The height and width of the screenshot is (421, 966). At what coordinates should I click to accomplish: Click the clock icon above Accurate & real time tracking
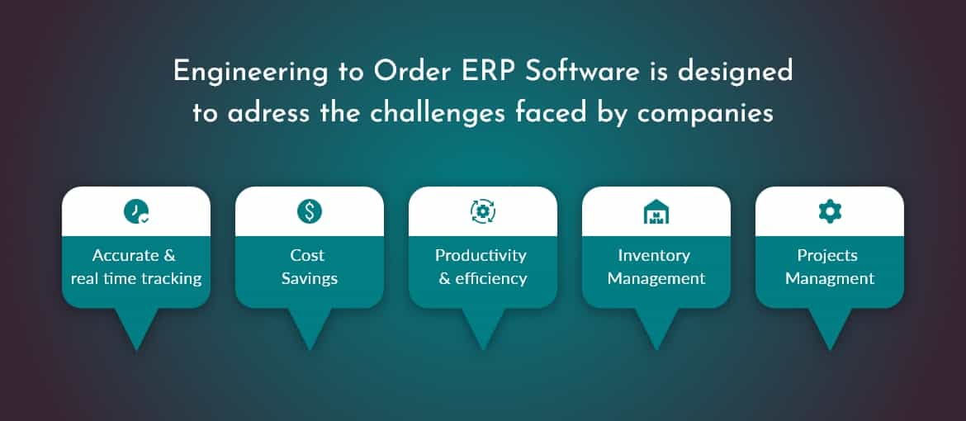[136, 212]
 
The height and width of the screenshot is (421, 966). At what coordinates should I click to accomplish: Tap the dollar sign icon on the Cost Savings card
[310, 212]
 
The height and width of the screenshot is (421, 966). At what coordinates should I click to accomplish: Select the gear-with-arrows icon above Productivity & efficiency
[483, 212]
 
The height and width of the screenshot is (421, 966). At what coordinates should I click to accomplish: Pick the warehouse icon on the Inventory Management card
[656, 212]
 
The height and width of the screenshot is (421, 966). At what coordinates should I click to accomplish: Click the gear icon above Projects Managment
[830, 212]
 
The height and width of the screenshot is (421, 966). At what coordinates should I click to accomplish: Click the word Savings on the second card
[310, 279]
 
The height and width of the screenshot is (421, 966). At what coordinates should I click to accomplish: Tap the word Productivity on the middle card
[481, 255]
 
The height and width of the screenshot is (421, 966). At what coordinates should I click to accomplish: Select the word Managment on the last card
[830, 279]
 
